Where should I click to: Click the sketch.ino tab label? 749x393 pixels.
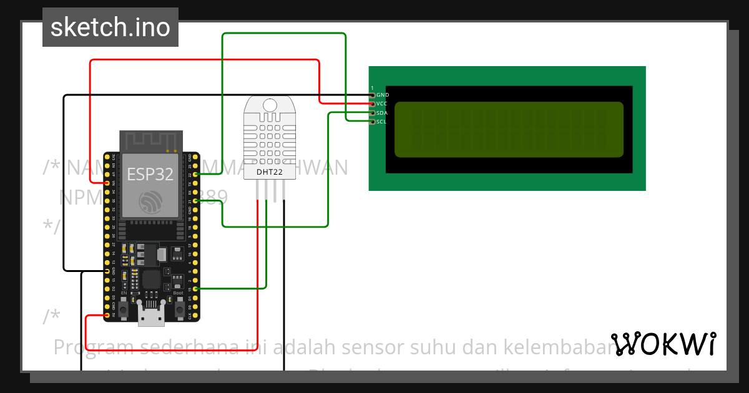tap(110, 27)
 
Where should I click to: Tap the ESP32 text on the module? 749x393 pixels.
tap(150, 174)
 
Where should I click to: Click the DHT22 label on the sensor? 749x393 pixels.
tap(270, 172)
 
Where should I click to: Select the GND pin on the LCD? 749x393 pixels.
tap(373, 95)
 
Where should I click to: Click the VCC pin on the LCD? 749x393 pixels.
tap(373, 104)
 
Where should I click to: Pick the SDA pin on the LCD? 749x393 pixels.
tap(373, 113)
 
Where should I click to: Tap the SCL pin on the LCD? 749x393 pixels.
tap(373, 122)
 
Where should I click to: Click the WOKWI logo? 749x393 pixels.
tap(663, 344)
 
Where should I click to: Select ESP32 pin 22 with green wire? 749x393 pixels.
tap(197, 175)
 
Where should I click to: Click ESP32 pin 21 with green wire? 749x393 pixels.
tap(197, 201)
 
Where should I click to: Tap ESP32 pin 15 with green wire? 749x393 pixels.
tap(197, 289)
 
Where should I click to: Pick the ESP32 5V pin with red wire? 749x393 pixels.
tap(107, 316)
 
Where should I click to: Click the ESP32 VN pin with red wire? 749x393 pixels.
tap(107, 183)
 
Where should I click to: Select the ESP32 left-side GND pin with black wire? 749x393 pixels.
tap(107, 271)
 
